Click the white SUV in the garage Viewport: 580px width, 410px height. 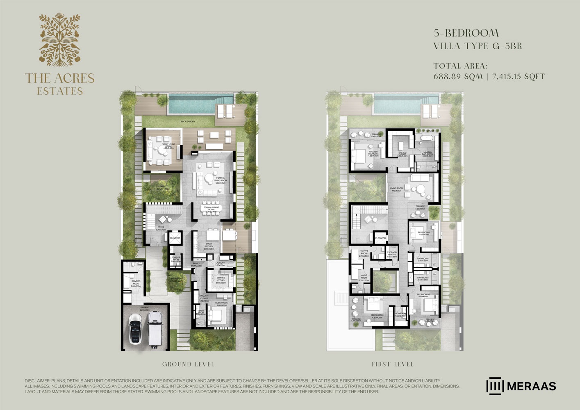(x=154, y=328)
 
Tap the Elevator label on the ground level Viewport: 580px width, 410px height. (x=175, y=238)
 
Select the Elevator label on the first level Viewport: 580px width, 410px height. (x=380, y=238)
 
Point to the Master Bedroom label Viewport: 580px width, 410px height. (x=373, y=153)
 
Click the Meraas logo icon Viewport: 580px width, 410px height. (x=494, y=386)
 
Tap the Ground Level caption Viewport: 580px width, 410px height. (x=188, y=364)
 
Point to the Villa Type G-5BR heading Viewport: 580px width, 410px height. (x=478, y=46)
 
